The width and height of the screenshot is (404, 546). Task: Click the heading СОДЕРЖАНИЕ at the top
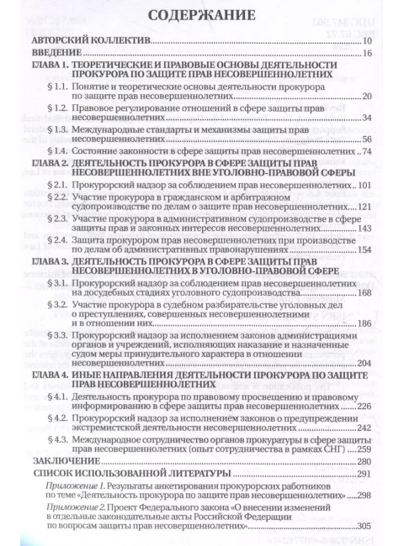click(199, 16)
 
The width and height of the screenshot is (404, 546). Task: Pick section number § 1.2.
click(62, 108)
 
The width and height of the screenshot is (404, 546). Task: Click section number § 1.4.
click(62, 151)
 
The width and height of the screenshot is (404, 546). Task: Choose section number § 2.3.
click(62, 218)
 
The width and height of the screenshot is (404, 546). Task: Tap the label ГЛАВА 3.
click(52, 260)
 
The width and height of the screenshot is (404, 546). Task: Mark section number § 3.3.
click(62, 335)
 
